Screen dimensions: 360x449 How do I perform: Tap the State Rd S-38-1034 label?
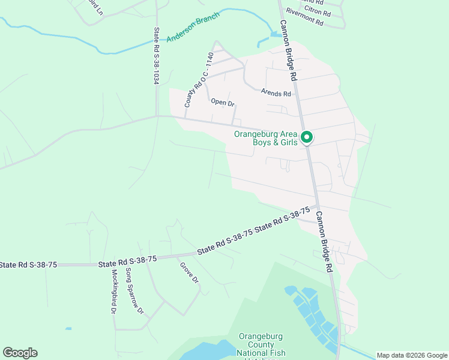tap(156, 55)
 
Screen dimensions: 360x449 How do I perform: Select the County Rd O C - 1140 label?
tap(199, 80)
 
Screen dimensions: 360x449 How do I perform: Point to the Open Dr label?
tap(223, 103)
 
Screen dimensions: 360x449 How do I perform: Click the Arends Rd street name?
tap(276, 93)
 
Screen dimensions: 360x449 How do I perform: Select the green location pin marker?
tap(307, 137)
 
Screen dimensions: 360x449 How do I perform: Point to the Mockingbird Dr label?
tap(113, 290)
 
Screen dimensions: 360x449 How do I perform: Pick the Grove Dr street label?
tap(188, 272)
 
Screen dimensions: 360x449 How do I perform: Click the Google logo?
tap(20, 353)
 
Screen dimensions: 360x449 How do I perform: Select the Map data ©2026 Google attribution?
tap(412, 355)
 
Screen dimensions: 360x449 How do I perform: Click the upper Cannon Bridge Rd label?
tap(289, 51)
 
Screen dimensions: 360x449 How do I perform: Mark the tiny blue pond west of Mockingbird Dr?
tap(68, 329)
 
